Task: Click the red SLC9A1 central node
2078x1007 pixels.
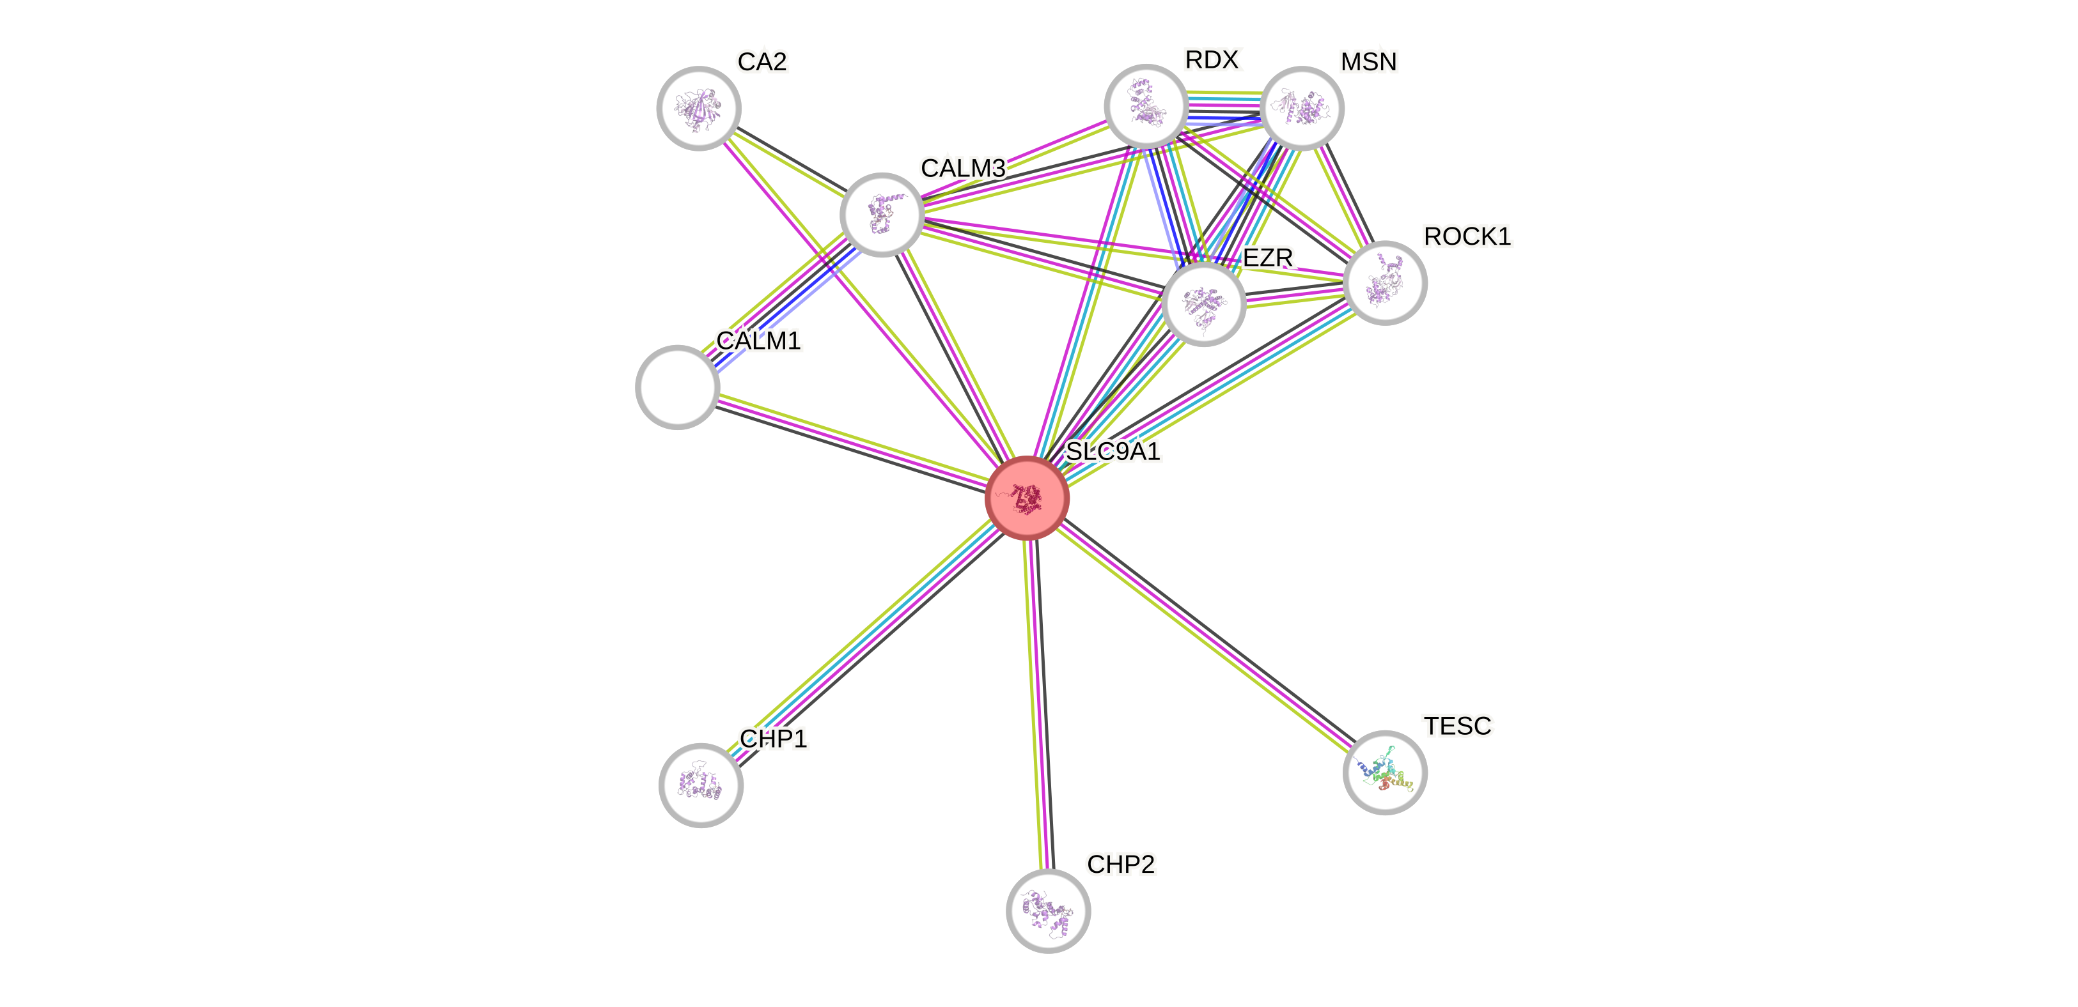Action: [1027, 498]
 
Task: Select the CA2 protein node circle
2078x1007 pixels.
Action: [699, 108]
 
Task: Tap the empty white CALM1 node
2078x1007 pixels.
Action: [678, 387]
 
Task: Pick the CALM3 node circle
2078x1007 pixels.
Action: [882, 215]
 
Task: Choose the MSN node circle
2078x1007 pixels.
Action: [1301, 108]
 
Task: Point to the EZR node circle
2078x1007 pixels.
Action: [1203, 304]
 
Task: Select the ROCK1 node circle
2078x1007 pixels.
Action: [1385, 283]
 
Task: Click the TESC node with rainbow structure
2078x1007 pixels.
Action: [1385, 773]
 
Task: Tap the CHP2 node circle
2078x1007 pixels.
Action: [1048, 911]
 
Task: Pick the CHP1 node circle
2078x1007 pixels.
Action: [701, 785]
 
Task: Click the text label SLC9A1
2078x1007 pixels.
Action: [1113, 450]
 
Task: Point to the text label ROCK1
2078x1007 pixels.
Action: [1467, 236]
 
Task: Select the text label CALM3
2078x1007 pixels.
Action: [963, 167]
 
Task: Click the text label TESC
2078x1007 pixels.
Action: [1458, 726]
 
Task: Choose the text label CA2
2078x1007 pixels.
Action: [762, 61]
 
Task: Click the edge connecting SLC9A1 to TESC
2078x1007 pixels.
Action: [1206, 635]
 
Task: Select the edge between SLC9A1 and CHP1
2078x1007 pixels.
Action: [863, 641]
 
